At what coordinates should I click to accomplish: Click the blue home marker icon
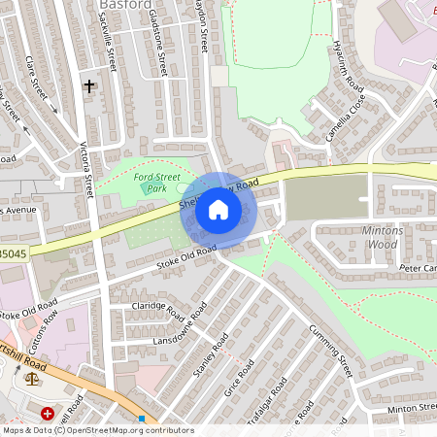(x=218, y=209)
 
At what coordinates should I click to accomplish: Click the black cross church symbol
(x=89, y=86)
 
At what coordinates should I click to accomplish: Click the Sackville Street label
(x=110, y=45)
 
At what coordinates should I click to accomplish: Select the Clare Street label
(x=38, y=76)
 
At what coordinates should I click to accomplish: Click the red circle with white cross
(x=48, y=414)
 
